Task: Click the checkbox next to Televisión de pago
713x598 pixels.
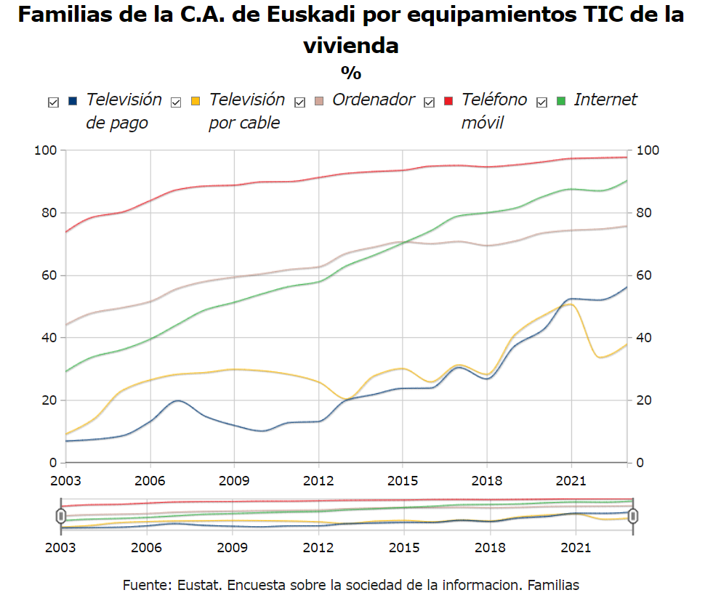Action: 53,102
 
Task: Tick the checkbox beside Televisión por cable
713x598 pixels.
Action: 176,102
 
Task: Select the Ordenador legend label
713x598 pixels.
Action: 373,100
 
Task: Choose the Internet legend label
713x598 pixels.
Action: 605,100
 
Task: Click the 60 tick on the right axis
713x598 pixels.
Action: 645,275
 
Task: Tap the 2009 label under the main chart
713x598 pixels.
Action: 234,482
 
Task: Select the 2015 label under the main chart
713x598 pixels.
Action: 402,482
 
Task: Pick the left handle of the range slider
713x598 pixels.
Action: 60,516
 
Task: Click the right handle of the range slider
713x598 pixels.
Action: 633,516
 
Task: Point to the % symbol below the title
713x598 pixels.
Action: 351,73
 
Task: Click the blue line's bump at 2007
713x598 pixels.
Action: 178,400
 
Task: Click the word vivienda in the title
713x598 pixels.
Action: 351,46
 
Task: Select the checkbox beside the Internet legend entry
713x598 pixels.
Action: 541,102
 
